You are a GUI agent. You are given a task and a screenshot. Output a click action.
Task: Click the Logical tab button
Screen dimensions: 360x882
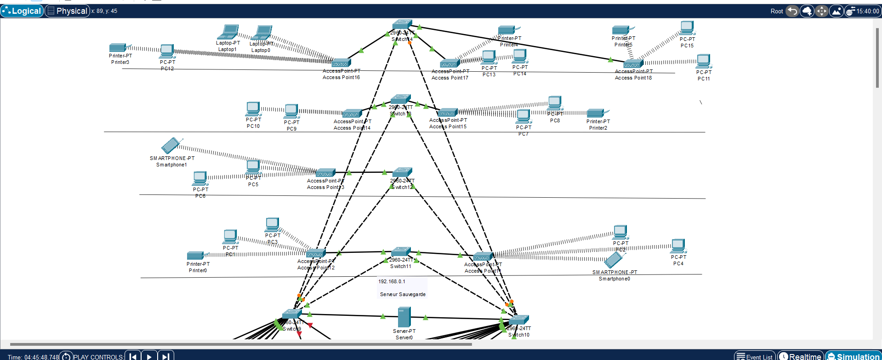click(x=22, y=11)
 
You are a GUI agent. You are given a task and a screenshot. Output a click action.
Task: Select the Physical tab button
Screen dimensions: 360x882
click(x=67, y=11)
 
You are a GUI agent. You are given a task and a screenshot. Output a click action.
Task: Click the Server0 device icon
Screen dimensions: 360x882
click(x=404, y=317)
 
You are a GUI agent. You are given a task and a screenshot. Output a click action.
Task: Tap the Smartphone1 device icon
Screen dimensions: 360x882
click(x=171, y=146)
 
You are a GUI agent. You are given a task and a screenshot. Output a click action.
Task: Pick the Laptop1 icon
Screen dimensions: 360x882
click(x=228, y=32)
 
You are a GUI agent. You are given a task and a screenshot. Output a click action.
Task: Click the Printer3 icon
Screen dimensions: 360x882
click(x=118, y=47)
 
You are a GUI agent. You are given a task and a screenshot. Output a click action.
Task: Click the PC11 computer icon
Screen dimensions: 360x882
click(x=704, y=61)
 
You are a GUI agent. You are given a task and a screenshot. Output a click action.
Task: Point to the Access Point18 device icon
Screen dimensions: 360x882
click(x=633, y=64)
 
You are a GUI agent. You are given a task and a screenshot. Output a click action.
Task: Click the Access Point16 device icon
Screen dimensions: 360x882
click(x=341, y=63)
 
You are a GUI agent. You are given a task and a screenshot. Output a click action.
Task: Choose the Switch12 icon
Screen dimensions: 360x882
click(x=402, y=172)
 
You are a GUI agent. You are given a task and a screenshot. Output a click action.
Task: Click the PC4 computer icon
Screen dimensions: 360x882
click(x=678, y=246)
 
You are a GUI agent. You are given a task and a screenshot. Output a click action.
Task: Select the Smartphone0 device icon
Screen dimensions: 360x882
click(x=613, y=260)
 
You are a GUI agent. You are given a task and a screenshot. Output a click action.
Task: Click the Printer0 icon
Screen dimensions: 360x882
click(x=196, y=255)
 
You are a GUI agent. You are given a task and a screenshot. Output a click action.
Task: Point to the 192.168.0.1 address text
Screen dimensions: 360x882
click(x=392, y=281)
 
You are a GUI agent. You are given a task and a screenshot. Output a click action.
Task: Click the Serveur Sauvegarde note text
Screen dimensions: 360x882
click(x=403, y=294)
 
